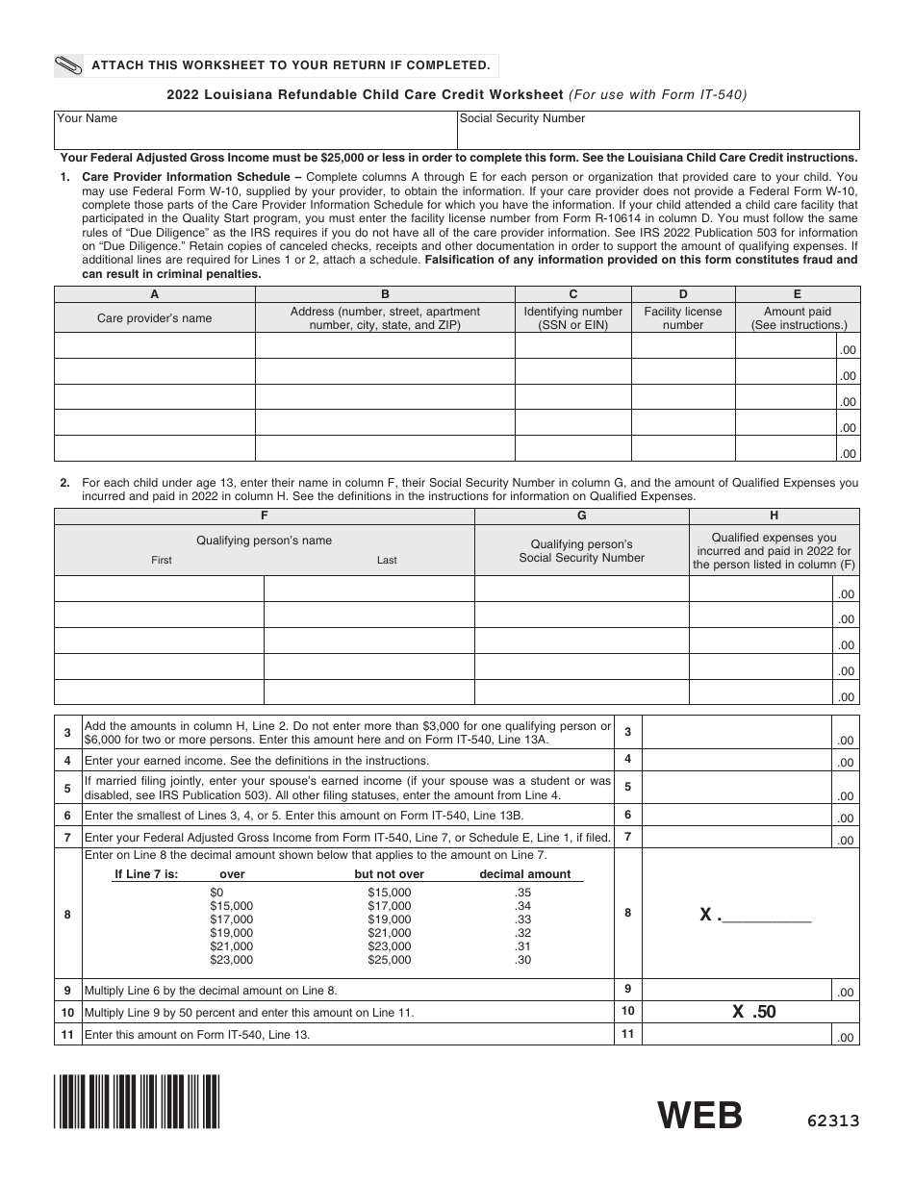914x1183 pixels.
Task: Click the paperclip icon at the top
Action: [x=71, y=65]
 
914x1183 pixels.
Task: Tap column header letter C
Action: [x=572, y=295]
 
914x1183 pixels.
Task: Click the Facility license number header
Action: [x=682, y=318]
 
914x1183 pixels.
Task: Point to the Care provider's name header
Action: [x=154, y=318]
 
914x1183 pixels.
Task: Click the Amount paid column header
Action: [x=797, y=318]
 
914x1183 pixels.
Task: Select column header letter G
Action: [x=581, y=516]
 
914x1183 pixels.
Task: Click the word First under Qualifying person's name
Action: [x=162, y=560]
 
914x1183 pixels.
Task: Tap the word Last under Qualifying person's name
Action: [x=387, y=560]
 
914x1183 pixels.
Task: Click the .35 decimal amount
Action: [x=523, y=893]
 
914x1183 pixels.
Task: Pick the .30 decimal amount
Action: [x=523, y=960]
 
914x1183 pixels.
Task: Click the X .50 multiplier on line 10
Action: [x=753, y=1012]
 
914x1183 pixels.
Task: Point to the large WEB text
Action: [x=700, y=1116]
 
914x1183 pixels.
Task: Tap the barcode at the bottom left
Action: [x=138, y=1101]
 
